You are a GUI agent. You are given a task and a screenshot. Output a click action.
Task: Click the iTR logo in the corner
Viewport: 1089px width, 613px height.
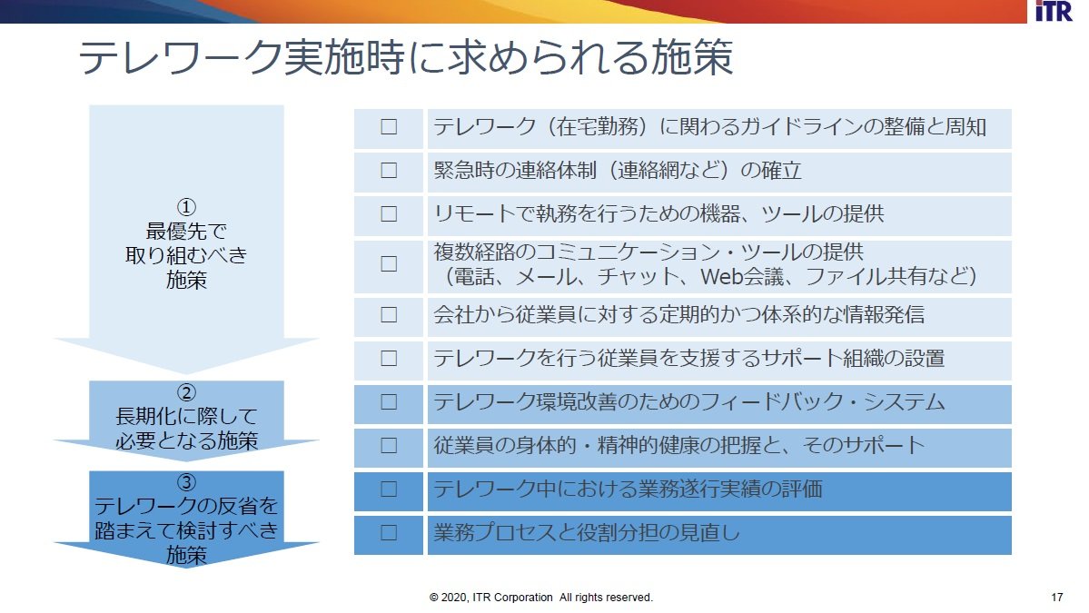coord(1054,11)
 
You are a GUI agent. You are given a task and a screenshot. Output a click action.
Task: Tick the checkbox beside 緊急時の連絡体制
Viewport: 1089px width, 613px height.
coord(389,170)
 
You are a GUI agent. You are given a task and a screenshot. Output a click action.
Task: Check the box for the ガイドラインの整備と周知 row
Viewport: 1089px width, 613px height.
coord(389,126)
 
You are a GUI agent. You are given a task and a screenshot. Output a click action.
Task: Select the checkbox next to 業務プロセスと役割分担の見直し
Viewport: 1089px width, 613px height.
coord(389,532)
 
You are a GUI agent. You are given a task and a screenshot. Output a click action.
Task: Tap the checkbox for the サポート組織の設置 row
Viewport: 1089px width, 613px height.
coord(389,358)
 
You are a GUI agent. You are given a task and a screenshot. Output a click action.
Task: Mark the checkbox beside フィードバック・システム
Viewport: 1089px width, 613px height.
coord(389,402)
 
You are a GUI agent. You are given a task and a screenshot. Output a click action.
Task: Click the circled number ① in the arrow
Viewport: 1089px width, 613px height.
coord(186,207)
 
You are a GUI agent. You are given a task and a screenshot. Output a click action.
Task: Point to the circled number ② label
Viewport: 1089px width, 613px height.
coord(186,392)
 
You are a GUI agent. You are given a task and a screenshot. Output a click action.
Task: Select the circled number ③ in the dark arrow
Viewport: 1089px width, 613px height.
coord(186,482)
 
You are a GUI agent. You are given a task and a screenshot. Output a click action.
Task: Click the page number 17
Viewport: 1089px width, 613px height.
coord(1057,597)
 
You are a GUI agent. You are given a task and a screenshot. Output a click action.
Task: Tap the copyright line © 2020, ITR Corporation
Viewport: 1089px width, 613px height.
coord(541,597)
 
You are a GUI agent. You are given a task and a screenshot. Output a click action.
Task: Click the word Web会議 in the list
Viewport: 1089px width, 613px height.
coord(742,277)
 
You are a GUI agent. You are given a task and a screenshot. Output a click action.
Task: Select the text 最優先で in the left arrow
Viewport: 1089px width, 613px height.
coord(186,232)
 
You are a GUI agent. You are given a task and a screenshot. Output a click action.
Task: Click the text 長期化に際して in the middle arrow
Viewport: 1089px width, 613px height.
coord(186,416)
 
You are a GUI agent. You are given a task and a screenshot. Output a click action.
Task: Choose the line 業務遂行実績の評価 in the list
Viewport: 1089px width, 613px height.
coord(628,489)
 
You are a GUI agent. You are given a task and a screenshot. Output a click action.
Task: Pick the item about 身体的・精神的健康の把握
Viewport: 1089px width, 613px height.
coord(678,445)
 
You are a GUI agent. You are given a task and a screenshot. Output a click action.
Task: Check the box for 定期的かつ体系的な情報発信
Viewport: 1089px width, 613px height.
coord(389,314)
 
